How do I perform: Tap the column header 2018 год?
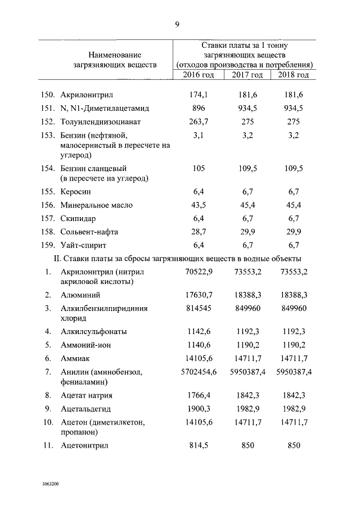[294, 75]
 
